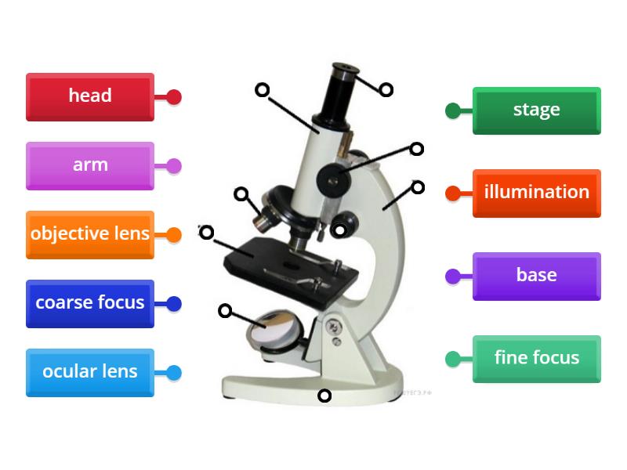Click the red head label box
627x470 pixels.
point(89,96)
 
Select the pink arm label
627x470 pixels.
point(89,165)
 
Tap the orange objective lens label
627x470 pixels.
point(89,234)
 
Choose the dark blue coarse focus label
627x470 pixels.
point(89,303)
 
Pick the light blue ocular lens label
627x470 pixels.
point(89,372)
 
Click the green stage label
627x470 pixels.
point(536,110)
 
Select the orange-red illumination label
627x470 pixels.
point(536,193)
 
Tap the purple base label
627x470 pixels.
point(536,276)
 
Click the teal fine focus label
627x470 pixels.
point(536,359)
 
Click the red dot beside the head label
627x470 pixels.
point(174,97)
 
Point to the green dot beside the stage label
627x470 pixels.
point(453,110)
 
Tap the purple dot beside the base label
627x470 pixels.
point(453,276)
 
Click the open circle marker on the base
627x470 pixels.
point(324,396)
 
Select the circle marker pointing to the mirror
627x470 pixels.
point(225,311)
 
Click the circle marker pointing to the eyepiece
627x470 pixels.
point(386,89)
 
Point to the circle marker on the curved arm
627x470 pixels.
point(418,187)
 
